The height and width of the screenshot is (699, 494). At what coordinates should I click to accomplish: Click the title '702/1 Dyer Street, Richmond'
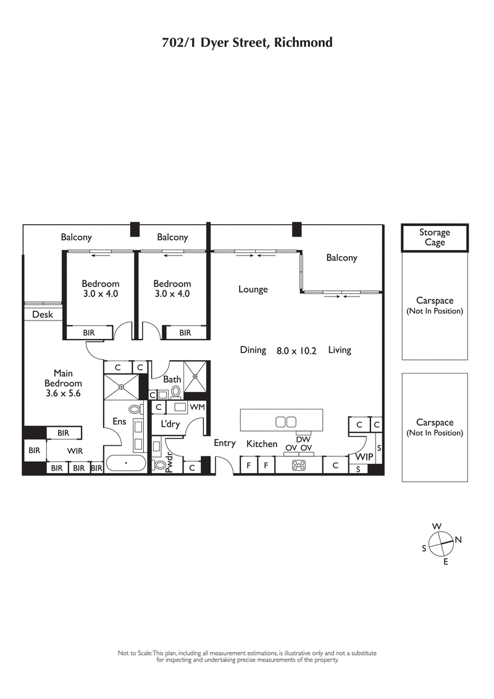(247, 43)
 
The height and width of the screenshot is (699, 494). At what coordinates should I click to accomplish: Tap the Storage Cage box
(435, 238)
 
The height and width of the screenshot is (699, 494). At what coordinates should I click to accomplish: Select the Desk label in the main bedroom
(43, 314)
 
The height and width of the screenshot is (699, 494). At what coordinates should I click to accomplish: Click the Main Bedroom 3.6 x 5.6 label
(63, 383)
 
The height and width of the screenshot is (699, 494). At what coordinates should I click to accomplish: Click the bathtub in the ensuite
(127, 463)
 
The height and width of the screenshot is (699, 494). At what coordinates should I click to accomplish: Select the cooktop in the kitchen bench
(299, 465)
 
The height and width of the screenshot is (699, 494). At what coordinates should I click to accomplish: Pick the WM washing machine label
(197, 407)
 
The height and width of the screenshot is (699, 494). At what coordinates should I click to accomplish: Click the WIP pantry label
(362, 458)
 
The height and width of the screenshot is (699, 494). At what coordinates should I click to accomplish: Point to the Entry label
(225, 443)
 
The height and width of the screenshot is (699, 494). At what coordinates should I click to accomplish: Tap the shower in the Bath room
(197, 376)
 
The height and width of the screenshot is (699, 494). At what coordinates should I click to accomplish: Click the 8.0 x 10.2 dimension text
(296, 350)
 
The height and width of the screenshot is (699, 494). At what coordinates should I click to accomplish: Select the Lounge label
(253, 289)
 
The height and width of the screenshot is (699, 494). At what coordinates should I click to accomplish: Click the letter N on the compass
(458, 539)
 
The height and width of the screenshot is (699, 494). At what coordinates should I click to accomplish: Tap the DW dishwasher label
(302, 439)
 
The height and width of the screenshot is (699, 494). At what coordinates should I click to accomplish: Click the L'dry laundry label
(170, 425)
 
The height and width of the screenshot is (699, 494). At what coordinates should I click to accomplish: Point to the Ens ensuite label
(119, 422)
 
